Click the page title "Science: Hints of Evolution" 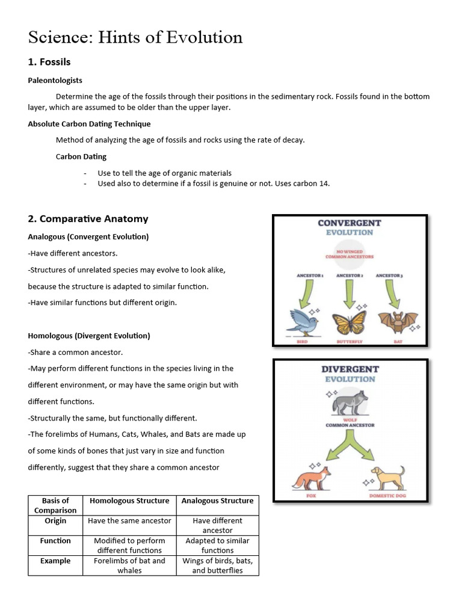pos(135,37)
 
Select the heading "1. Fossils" pos(49,62)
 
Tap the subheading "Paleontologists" pos(55,80)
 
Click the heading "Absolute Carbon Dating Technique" pos(89,124)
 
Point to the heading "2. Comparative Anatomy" pos(88,219)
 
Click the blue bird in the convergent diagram pos(304,321)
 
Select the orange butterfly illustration pos(350,321)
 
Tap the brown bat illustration pos(396,322)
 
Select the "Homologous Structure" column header pos(129,500)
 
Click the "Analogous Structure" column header pos(217,500)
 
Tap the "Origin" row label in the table pos(55,521)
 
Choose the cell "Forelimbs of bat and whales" pos(129,565)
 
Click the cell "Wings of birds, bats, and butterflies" pos(217,565)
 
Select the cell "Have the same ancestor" pos(129,521)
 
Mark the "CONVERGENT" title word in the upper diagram pos(350,223)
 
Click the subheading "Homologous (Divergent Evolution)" pos(89,336)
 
